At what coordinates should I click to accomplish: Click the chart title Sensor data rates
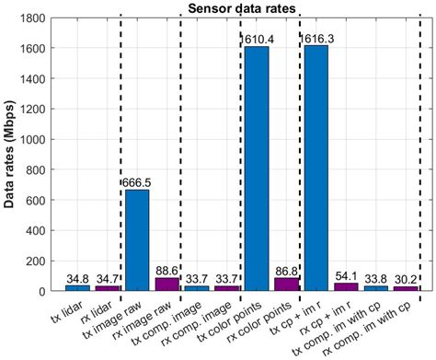pyautogui.click(x=241, y=8)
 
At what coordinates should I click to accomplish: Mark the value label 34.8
pyautogui.click(x=77, y=278)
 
